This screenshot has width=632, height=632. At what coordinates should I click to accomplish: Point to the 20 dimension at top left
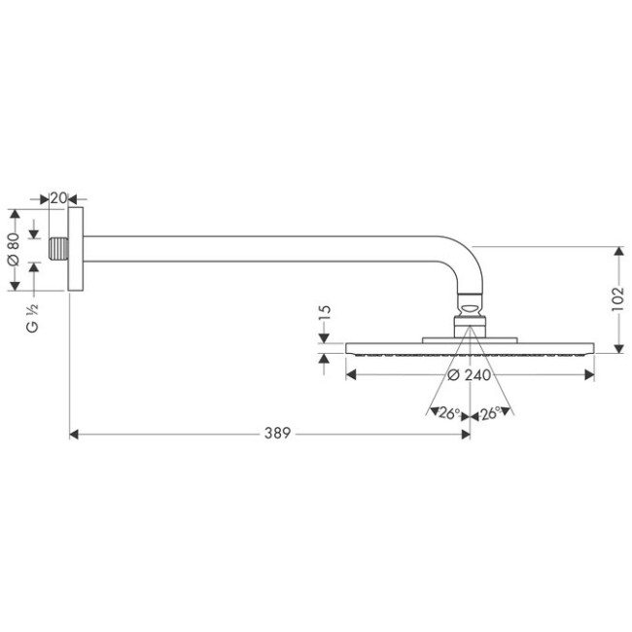(x=57, y=198)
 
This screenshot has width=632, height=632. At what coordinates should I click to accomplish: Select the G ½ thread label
(x=33, y=322)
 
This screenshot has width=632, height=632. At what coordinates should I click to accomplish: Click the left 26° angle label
(x=449, y=413)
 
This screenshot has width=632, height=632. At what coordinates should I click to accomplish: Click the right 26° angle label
(x=491, y=413)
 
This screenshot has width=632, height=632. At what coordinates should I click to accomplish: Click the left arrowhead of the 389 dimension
(x=74, y=435)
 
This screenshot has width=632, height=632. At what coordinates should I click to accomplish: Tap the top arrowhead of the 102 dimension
(x=617, y=250)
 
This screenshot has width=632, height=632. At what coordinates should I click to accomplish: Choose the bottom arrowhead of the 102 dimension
(x=617, y=347)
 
